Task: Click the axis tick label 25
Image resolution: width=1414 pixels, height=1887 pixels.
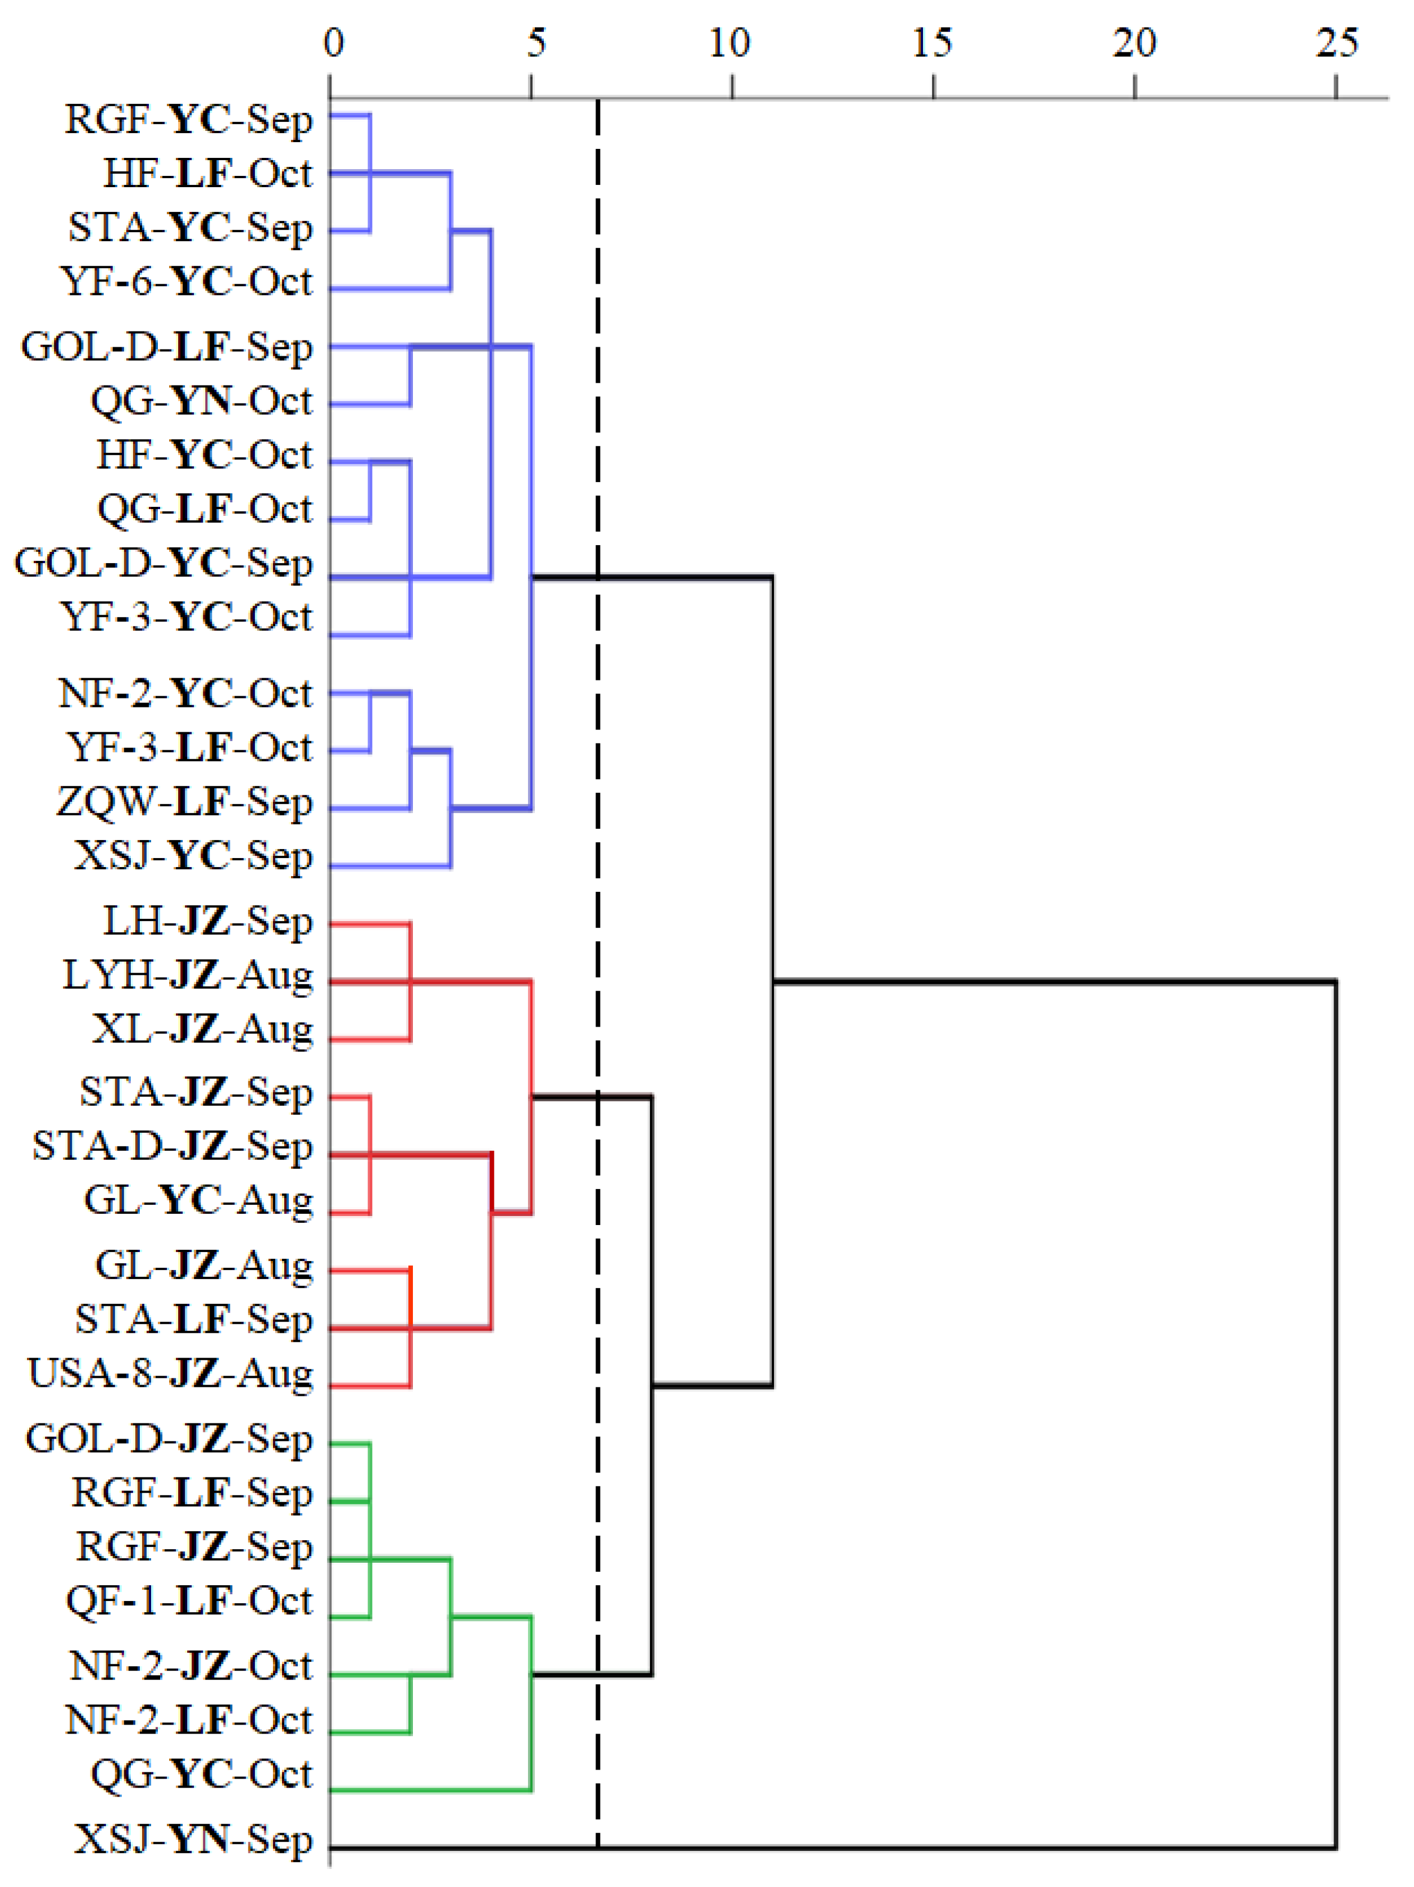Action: click(1335, 43)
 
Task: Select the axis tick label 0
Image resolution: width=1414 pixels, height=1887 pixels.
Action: click(334, 43)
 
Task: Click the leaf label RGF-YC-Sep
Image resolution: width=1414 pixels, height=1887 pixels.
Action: click(189, 120)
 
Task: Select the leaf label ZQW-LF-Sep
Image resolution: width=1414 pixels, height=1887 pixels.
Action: click(185, 802)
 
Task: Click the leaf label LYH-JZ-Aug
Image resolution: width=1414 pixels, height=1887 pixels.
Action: click(188, 975)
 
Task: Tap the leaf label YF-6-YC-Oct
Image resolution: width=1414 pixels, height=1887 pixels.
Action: click(187, 282)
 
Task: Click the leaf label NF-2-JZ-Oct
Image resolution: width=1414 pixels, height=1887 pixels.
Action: click(191, 1665)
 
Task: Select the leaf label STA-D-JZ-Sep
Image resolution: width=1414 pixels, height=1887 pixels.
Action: click(173, 1146)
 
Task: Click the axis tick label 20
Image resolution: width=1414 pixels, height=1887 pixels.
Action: click(1134, 43)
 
